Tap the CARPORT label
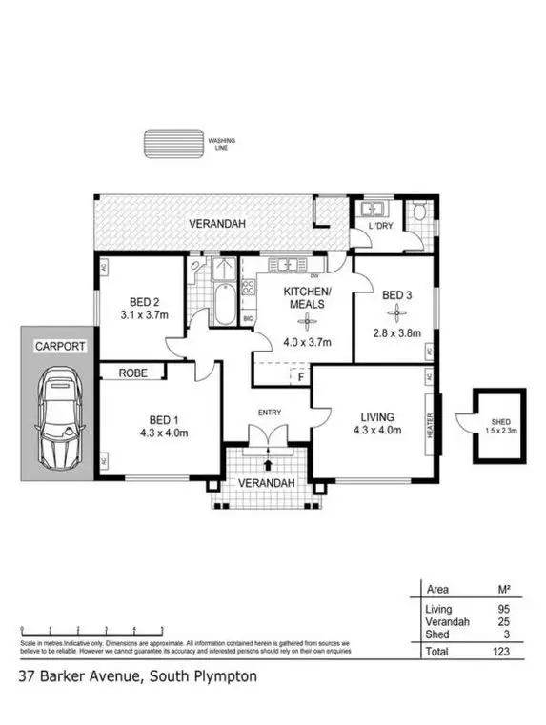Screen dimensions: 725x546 click(x=55, y=347)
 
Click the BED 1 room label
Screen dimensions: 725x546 click(x=162, y=420)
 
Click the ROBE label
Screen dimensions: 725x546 click(x=132, y=373)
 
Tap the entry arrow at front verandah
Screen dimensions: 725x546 click(x=268, y=465)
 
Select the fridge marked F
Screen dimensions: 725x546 click(x=301, y=376)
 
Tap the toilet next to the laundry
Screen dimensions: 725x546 click(x=420, y=214)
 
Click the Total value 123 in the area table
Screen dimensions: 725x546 click(x=502, y=652)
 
